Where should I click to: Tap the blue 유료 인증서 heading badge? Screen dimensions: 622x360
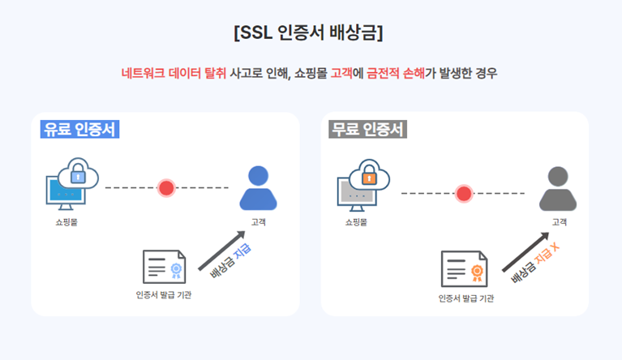pos(79,129)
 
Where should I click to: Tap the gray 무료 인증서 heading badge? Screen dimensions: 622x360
pos(368,129)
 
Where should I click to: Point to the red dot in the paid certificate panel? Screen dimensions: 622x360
pos(167,188)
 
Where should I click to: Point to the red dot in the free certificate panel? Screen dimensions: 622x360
pos(464,193)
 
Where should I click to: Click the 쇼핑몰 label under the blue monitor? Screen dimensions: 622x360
pos(66,221)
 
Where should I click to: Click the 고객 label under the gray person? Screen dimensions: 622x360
pos(559,221)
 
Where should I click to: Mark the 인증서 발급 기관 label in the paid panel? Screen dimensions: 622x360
pos(164,294)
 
